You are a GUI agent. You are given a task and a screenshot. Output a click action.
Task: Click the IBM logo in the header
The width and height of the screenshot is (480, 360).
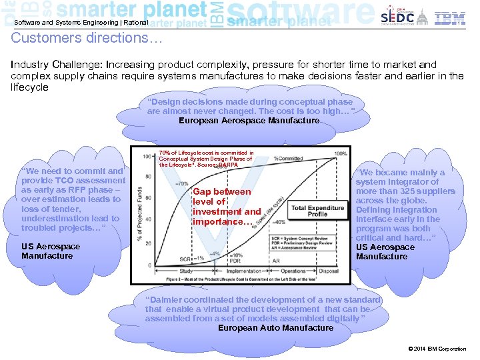pyautogui.click(x=450, y=18)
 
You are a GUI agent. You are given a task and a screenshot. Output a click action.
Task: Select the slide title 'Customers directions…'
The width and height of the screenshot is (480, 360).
pyautogui.click(x=87, y=38)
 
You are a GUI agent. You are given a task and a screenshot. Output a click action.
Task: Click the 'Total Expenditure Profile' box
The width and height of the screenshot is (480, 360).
pyautogui.click(x=317, y=211)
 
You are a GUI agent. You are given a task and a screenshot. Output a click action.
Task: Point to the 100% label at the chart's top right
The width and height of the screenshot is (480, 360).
pyautogui.click(x=340, y=153)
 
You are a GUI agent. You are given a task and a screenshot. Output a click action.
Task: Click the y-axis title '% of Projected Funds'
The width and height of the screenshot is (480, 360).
pyautogui.click(x=138, y=213)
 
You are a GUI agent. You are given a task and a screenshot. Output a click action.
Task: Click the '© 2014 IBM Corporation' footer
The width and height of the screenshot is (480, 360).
pyautogui.click(x=437, y=349)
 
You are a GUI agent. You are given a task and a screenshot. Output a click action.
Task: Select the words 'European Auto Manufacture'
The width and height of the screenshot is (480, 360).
pyautogui.click(x=275, y=327)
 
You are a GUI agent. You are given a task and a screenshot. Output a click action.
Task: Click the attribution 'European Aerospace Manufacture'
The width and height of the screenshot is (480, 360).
pyautogui.click(x=249, y=121)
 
